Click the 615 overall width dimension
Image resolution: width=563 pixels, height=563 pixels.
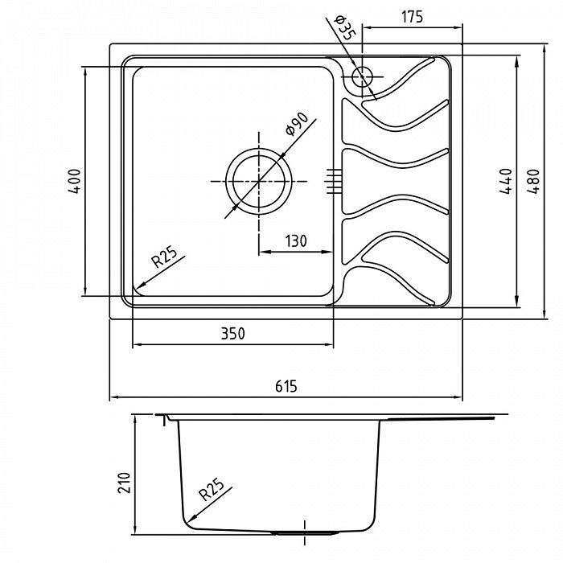click(286, 386)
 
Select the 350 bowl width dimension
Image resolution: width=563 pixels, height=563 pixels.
click(233, 334)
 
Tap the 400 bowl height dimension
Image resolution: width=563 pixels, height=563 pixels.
click(75, 181)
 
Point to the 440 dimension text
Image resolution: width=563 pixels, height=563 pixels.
click(506, 181)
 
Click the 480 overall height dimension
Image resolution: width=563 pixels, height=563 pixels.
click(533, 181)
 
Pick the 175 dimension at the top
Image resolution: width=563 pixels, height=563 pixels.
click(412, 17)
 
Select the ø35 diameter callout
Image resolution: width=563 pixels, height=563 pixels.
click(345, 27)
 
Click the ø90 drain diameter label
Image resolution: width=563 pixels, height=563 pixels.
click(297, 124)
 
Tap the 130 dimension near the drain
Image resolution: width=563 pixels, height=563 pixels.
click(296, 241)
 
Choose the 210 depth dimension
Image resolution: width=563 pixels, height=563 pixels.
click(124, 483)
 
